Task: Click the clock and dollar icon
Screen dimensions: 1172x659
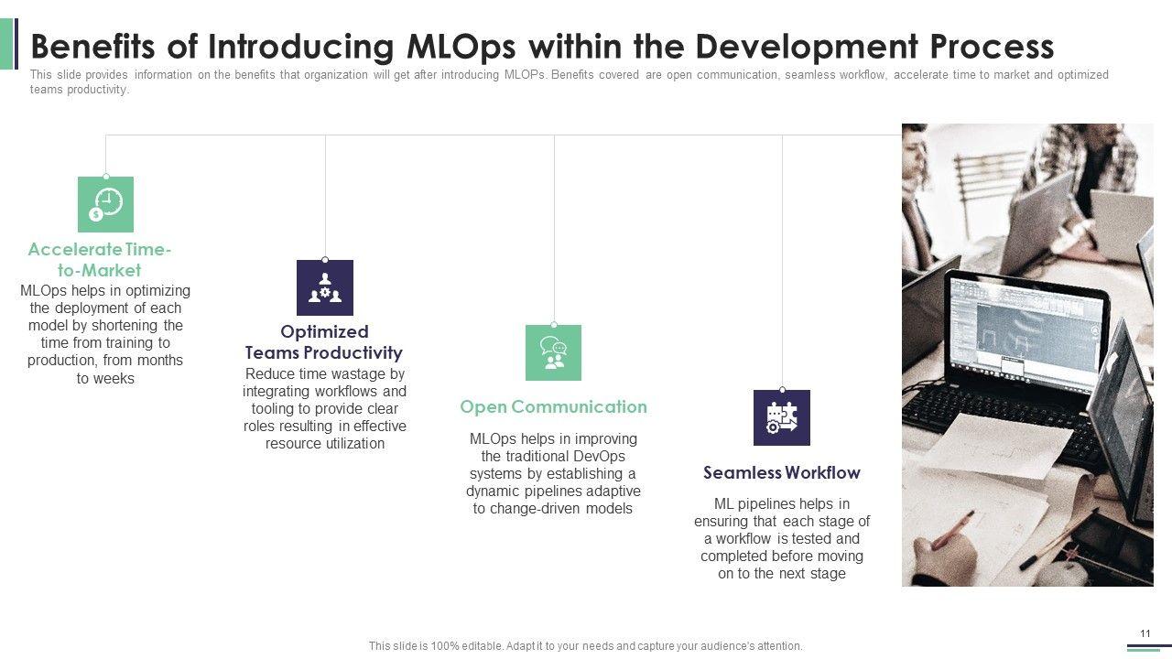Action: (x=105, y=204)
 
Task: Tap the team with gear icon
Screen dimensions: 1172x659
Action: (x=325, y=287)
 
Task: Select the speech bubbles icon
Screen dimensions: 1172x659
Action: (x=554, y=352)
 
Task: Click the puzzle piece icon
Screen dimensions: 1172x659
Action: (x=782, y=417)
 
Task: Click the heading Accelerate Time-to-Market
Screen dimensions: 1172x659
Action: (x=100, y=259)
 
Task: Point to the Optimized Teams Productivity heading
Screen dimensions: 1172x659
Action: (x=324, y=342)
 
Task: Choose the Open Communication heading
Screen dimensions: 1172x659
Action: (x=554, y=406)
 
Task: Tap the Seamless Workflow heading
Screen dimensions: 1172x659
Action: (x=782, y=472)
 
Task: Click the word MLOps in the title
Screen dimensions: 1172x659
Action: (x=461, y=46)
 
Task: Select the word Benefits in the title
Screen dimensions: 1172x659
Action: (x=93, y=46)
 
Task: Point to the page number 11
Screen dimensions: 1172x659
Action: (x=1145, y=633)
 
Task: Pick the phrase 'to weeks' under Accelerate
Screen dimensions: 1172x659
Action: (x=105, y=378)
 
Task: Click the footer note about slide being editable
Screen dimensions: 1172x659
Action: (x=585, y=646)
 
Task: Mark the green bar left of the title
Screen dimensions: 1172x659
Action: (x=6, y=44)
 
